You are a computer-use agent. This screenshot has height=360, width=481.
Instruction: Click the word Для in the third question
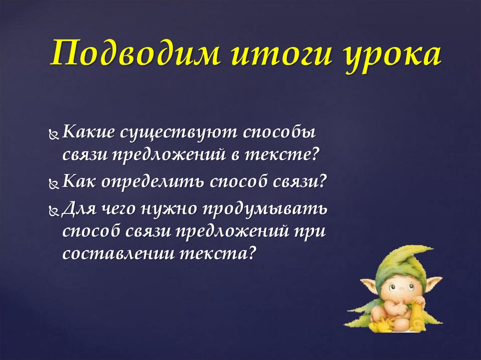77,207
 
